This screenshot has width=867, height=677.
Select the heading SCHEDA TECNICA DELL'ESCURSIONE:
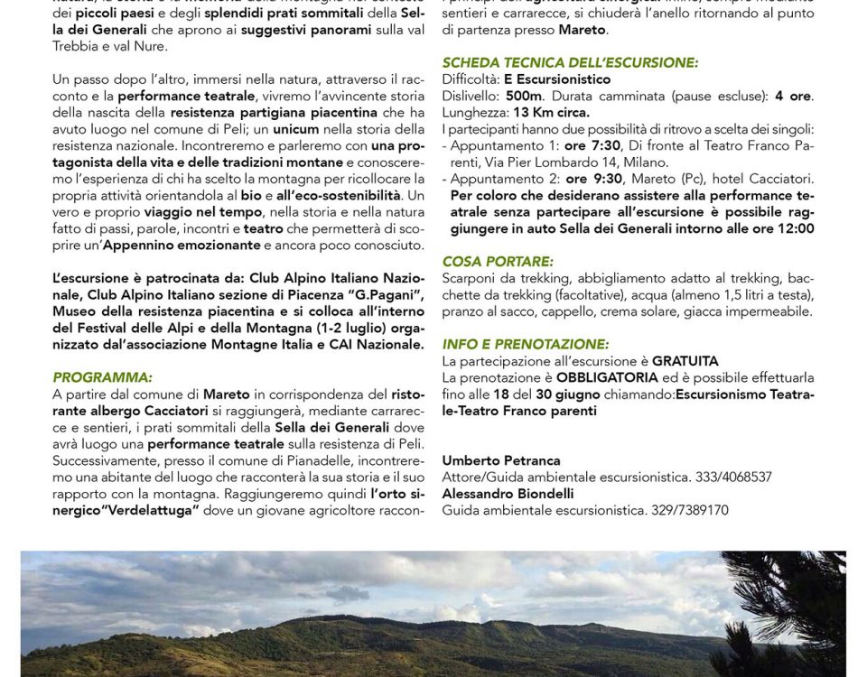pyautogui.click(x=570, y=62)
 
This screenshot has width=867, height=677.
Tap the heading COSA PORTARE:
pyautogui.click(x=498, y=261)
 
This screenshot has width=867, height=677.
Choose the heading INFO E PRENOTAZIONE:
pyautogui.click(x=526, y=344)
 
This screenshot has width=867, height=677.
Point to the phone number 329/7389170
pyautogui.click(x=690, y=510)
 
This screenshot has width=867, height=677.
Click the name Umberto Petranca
pyautogui.click(x=501, y=460)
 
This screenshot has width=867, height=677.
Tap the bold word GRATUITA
pyautogui.click(x=685, y=361)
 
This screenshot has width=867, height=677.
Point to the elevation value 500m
pyautogui.click(x=524, y=96)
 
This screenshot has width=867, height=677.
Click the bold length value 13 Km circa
pyautogui.click(x=551, y=112)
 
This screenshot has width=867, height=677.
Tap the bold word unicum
pyautogui.click(x=297, y=129)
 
